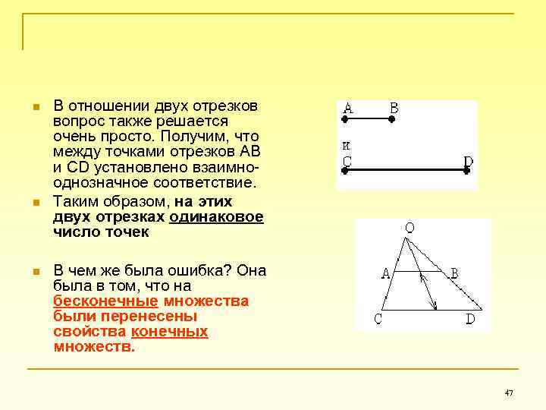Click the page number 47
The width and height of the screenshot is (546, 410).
509,393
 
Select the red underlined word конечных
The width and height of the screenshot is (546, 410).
170,332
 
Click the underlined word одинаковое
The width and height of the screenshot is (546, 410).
217,217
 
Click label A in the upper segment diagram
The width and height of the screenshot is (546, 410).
348,108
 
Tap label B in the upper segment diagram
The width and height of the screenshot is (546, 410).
394,108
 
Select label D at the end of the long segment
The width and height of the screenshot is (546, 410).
468,161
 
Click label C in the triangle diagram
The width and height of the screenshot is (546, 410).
377,320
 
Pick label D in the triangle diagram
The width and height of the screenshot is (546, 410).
470,320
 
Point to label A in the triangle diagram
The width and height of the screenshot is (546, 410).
386,273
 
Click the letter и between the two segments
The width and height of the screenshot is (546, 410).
346,144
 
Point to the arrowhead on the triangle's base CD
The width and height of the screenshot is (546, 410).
435,307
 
